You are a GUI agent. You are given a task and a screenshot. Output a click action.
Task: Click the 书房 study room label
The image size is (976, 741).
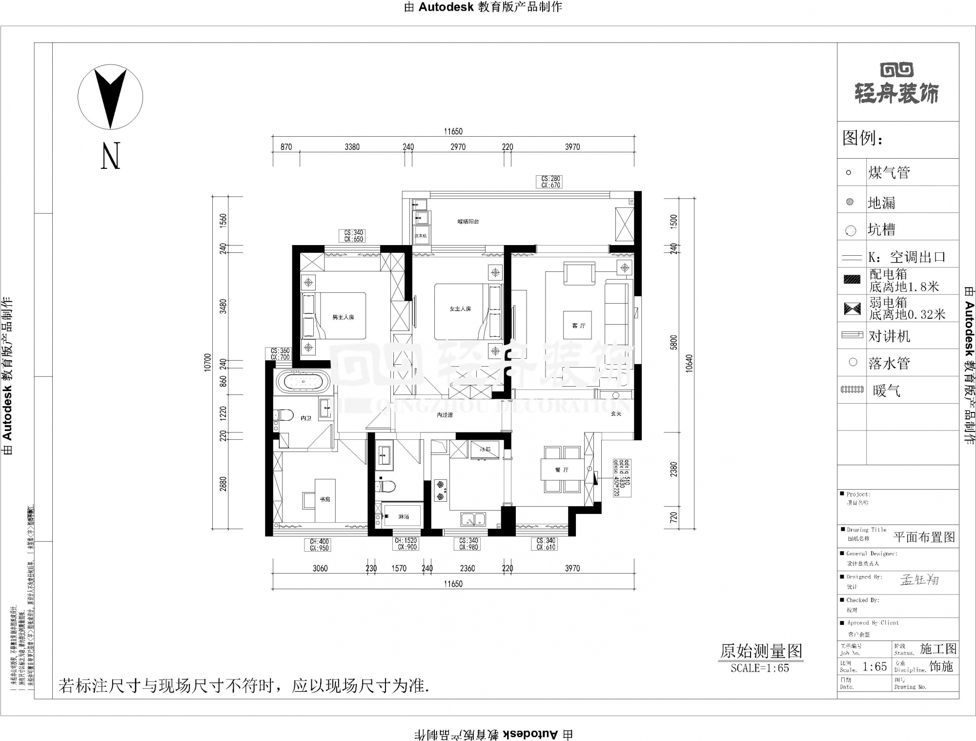click(x=325, y=499)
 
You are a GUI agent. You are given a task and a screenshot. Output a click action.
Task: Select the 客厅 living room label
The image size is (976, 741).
click(x=578, y=326)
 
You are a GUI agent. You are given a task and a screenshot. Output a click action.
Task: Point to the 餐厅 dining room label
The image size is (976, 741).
click(x=562, y=470)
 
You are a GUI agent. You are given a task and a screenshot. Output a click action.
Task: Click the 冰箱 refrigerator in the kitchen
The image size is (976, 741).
click(x=485, y=450)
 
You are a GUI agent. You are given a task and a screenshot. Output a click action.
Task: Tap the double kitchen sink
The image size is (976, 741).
click(x=473, y=518)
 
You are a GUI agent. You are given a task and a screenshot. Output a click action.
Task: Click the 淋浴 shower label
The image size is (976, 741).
click(x=404, y=516)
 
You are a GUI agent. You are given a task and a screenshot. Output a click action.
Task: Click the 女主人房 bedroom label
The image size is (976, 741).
click(x=460, y=309)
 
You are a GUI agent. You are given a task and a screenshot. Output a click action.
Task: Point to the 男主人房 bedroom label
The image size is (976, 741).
click(x=343, y=317)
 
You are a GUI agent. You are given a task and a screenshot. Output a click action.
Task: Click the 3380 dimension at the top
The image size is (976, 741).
click(x=352, y=146)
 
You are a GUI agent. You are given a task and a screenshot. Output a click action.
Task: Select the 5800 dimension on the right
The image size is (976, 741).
click(x=674, y=342)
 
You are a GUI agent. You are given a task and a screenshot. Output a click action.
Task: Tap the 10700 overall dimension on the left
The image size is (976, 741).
click(x=208, y=362)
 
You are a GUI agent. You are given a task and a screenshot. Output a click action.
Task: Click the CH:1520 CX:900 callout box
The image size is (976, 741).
click(x=406, y=544)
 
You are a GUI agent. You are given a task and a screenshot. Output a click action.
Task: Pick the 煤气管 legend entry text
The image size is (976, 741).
click(x=889, y=172)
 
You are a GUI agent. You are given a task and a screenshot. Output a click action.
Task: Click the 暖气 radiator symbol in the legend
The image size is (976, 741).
click(x=852, y=390)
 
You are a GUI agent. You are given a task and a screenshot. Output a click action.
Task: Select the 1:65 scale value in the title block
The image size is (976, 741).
click(x=874, y=667)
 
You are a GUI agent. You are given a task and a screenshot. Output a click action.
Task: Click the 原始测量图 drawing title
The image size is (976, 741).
click(x=761, y=651)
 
